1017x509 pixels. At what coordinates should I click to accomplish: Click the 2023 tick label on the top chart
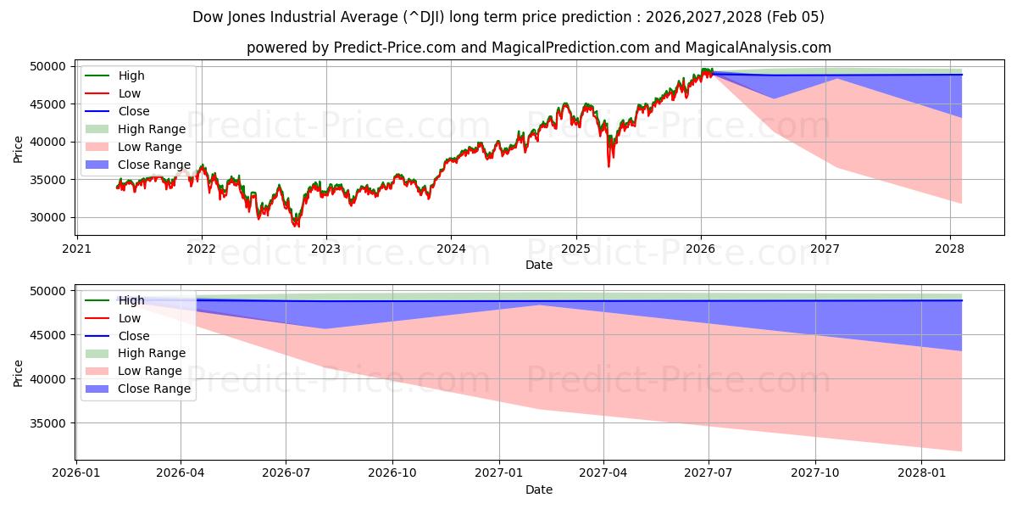click(326, 249)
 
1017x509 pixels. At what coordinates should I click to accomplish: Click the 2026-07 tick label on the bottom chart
click(286, 474)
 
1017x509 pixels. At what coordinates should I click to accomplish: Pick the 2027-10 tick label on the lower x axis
click(815, 474)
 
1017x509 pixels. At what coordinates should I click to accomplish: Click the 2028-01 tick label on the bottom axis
click(921, 474)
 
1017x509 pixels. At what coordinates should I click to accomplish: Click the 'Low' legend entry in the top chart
click(130, 93)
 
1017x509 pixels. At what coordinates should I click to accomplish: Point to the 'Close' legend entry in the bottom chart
click(134, 336)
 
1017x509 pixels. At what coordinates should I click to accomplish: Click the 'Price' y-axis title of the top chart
click(18, 149)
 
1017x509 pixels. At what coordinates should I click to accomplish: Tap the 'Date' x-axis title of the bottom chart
click(539, 489)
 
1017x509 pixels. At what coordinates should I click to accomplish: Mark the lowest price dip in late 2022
click(296, 226)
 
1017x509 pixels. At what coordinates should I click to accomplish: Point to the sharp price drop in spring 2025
click(608, 164)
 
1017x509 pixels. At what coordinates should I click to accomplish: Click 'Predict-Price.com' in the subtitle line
click(395, 48)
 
